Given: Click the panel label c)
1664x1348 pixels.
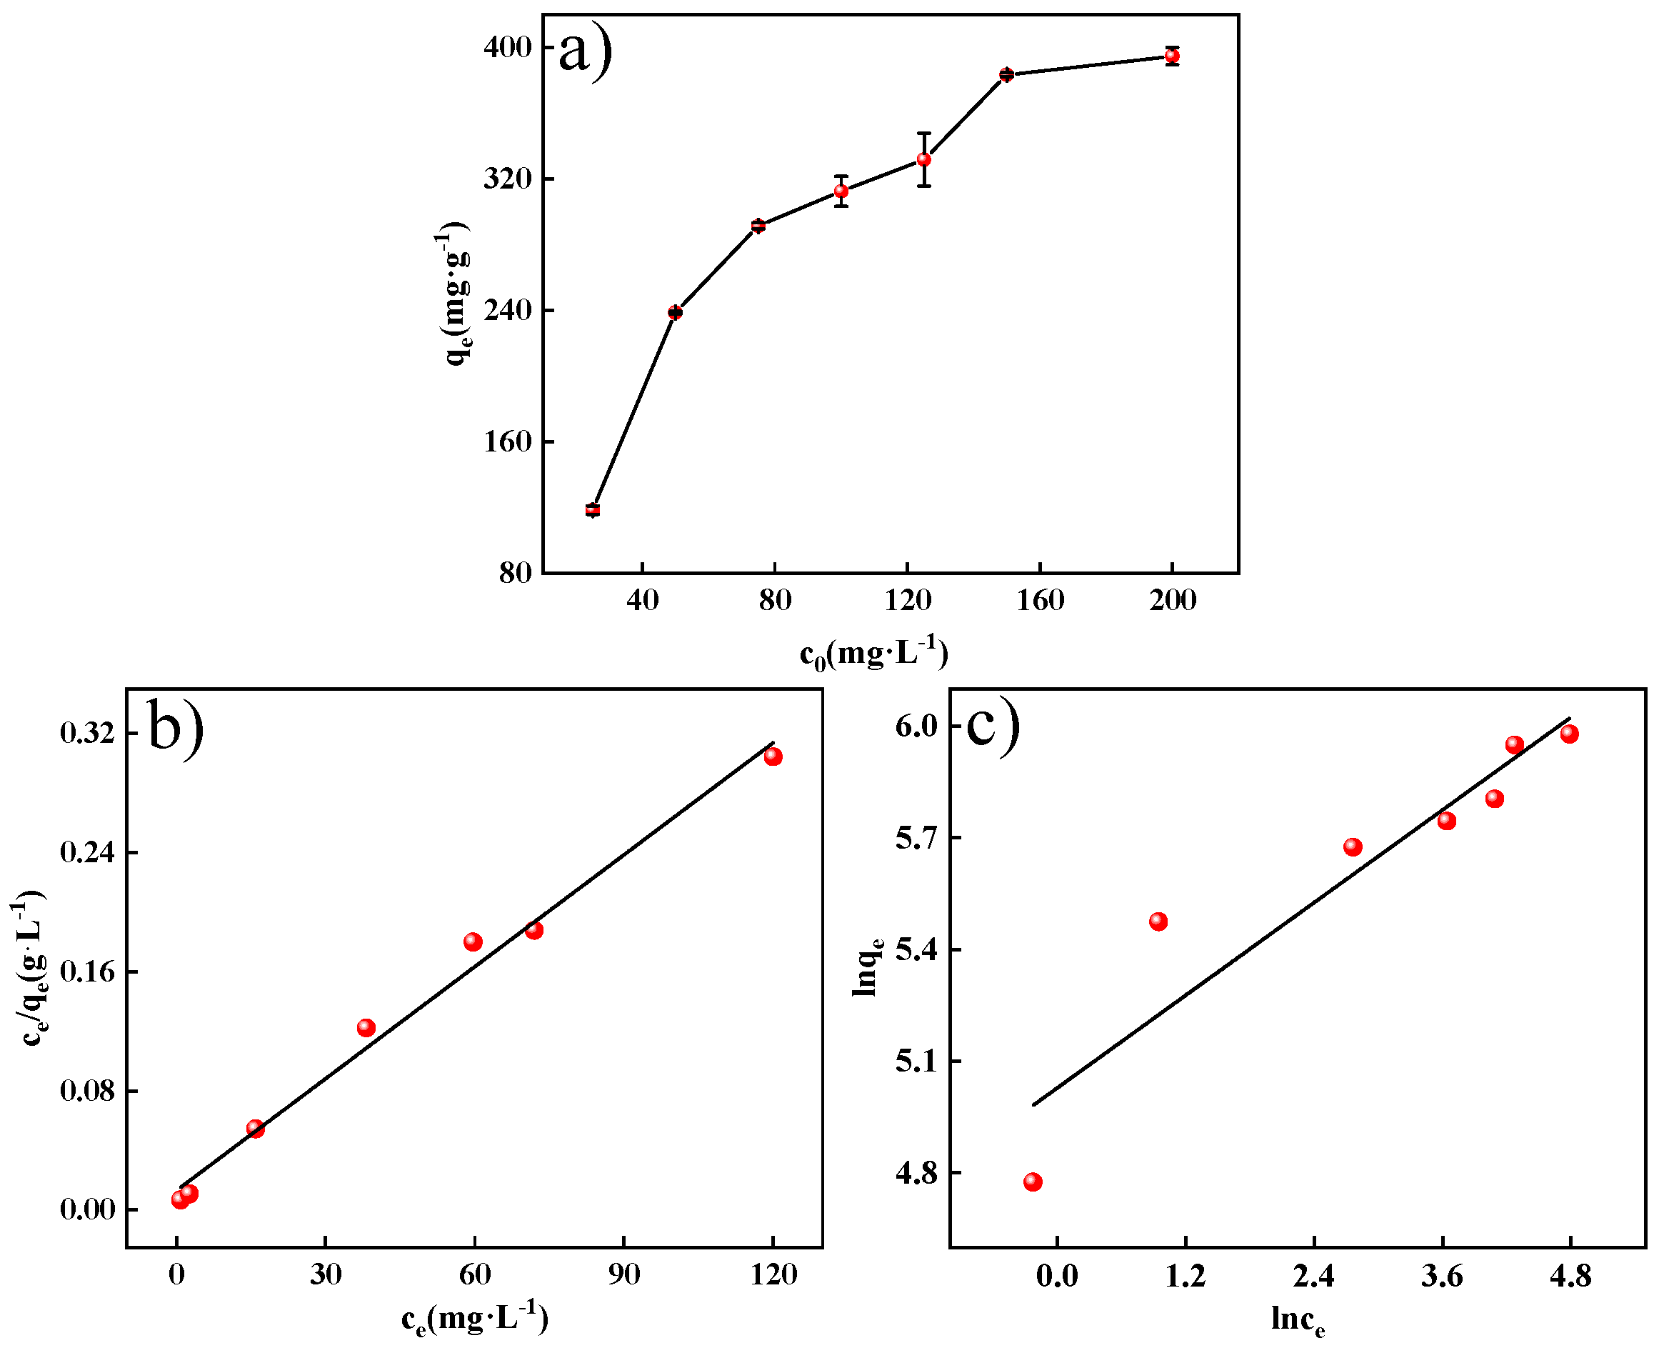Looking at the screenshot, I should click(993, 724).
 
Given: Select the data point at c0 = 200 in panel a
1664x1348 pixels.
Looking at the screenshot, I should click(1172, 56).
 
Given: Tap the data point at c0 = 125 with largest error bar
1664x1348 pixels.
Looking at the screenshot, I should click(923, 159).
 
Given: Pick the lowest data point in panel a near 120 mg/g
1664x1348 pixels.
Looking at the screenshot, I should click(593, 509).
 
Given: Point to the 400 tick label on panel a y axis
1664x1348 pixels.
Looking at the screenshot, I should click(508, 47).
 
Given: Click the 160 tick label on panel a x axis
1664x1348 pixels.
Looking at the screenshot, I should click(1040, 600).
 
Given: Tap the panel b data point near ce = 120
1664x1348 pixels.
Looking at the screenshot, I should click(773, 757).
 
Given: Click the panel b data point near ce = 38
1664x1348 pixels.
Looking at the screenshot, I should click(366, 1028).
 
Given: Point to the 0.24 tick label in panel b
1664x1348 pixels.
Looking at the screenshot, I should click(86, 852).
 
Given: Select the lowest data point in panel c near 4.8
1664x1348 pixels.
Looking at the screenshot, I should click(1032, 1182).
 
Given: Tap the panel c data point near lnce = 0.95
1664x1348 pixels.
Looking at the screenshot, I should click(1158, 922).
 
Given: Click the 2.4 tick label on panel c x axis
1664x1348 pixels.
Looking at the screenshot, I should click(1313, 1276).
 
